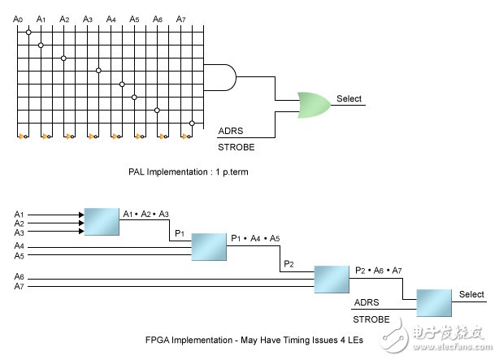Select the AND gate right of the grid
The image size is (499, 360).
click(220, 78)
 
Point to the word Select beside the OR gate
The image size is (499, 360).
click(349, 99)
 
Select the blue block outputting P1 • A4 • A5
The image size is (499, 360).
click(209, 246)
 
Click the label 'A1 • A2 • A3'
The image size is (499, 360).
click(146, 214)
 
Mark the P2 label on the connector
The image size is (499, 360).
click(289, 265)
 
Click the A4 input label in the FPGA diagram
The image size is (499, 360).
click(20, 245)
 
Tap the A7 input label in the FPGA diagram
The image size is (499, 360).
click(20, 287)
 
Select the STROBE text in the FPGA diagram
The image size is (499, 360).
click(371, 319)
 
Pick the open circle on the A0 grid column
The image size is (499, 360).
click(28, 33)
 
